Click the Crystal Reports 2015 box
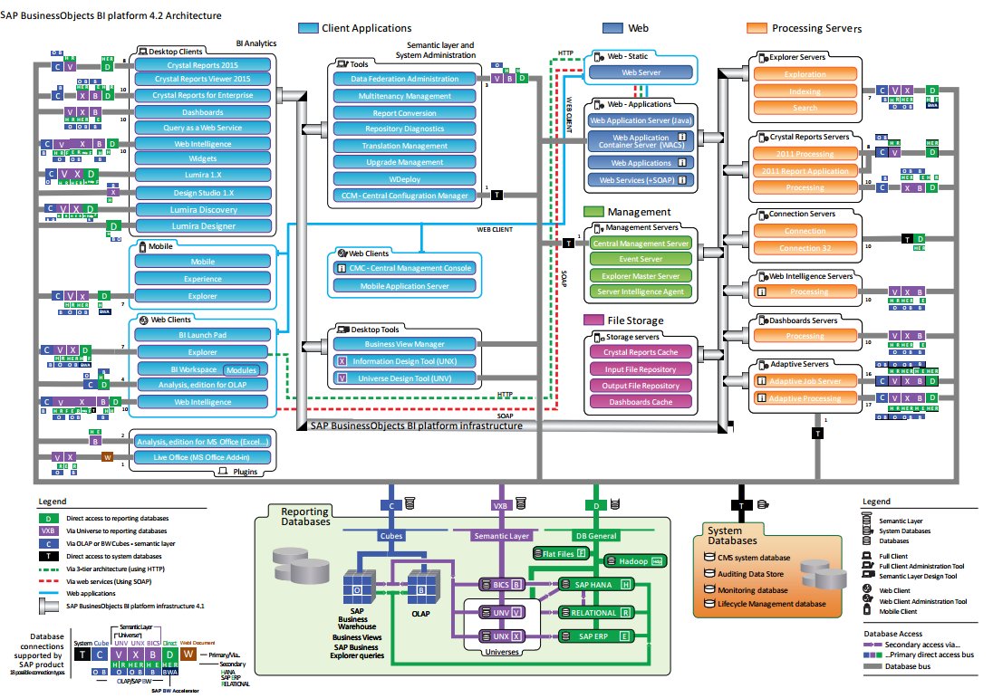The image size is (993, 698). (203, 65)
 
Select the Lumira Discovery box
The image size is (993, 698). (203, 209)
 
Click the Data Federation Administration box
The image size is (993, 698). (405, 79)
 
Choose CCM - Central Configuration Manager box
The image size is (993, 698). (405, 195)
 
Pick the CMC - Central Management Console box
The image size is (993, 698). (405, 269)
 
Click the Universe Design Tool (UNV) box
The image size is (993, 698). (405, 378)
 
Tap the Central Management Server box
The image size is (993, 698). (641, 244)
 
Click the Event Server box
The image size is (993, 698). (641, 259)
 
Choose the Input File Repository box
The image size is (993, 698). (641, 368)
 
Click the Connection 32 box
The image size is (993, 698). (805, 248)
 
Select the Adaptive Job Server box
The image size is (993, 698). (805, 382)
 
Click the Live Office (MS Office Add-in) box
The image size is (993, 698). (203, 458)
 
